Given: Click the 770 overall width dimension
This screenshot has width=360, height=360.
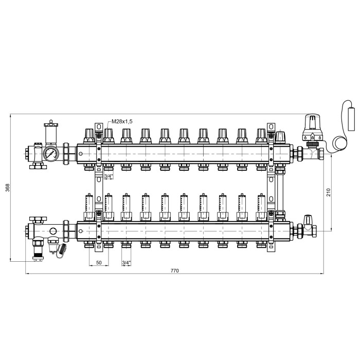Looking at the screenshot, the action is click(174, 271).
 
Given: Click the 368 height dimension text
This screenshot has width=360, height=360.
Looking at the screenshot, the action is click(8, 188).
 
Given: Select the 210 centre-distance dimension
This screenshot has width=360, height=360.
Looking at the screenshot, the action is click(328, 192).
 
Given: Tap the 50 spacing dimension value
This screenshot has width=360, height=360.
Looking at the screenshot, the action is click(99, 262).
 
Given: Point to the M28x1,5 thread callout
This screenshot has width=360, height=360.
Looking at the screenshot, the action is click(122, 121).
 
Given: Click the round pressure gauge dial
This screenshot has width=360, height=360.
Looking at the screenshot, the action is click(51, 153).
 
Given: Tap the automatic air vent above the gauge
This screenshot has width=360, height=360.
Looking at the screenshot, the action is click(51, 133).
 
